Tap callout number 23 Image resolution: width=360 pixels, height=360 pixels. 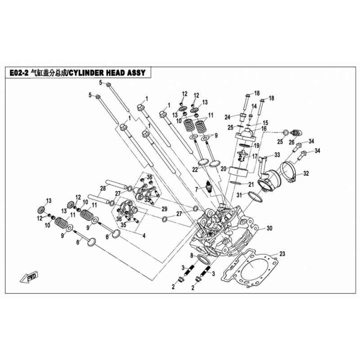tap(282, 254)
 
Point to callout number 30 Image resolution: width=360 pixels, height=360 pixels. tap(269, 228)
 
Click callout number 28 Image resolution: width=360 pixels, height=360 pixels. tap(103, 188)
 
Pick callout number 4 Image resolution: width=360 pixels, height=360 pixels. tap(144, 235)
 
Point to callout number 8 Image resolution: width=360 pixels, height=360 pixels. tap(192, 256)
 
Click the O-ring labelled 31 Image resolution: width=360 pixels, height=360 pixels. tap(255, 197)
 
